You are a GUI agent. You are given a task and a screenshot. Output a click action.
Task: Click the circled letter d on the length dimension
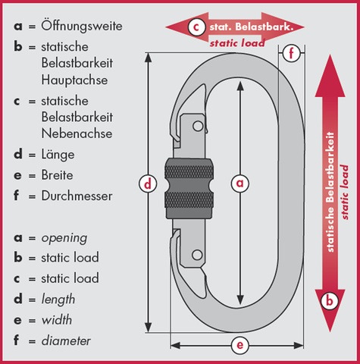148,184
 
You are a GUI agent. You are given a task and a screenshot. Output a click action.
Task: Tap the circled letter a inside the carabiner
240,183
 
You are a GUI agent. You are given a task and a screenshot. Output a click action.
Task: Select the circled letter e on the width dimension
239,345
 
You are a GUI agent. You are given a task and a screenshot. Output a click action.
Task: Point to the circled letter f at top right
291,53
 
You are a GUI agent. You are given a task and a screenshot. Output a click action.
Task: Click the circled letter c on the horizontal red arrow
196,27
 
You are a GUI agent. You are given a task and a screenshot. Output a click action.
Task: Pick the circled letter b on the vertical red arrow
330,301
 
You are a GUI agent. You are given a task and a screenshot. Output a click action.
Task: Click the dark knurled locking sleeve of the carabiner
189,189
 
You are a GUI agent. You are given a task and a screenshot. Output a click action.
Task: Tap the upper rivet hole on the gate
198,126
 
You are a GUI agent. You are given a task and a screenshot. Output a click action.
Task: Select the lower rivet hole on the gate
197,255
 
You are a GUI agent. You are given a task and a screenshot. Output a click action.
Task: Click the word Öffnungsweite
82,26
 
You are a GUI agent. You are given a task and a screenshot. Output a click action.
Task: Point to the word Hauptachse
74,80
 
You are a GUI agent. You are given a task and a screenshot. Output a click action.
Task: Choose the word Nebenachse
77,133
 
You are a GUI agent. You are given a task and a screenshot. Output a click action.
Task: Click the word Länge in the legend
58,155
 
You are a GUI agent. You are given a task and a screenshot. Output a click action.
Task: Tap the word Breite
58,175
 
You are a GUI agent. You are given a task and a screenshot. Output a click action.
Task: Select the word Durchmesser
77,196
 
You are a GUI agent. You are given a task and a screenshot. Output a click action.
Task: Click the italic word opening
64,238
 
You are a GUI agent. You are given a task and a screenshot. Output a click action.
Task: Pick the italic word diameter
66,340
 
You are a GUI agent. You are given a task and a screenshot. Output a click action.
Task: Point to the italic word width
57,320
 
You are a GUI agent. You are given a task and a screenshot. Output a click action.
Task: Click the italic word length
58,300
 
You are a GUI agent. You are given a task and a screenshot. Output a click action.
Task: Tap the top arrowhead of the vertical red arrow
330,75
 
